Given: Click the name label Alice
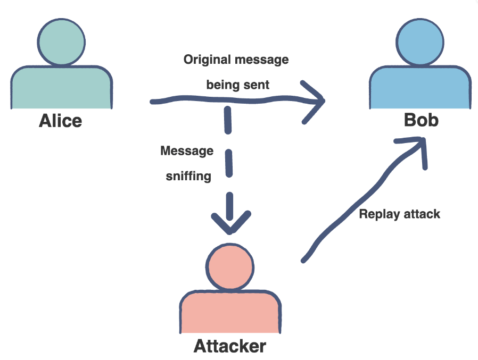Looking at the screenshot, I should [61, 121].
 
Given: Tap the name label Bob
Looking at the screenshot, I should [421, 120].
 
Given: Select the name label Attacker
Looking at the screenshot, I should [229, 347].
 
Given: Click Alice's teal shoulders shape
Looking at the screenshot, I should [61, 88].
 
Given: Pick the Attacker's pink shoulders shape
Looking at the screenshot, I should [229, 314].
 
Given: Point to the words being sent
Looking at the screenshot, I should [237, 85].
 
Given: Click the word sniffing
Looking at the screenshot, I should [188, 176].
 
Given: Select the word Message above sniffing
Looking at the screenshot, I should [187, 151].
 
